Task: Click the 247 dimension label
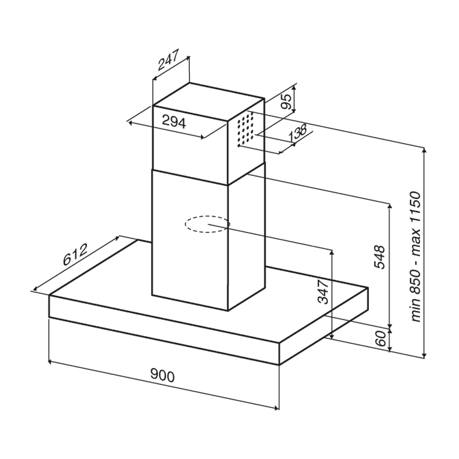point(168,60)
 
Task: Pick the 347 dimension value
point(323,291)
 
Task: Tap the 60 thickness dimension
point(380,339)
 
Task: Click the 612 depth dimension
point(75,254)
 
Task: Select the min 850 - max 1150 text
point(416,257)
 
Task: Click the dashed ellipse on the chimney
point(207,224)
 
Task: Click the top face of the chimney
point(208,102)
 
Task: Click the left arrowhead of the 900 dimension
point(50,362)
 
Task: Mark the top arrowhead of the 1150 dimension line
point(424,150)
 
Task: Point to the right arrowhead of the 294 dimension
point(202,137)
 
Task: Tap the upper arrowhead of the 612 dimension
point(118,237)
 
